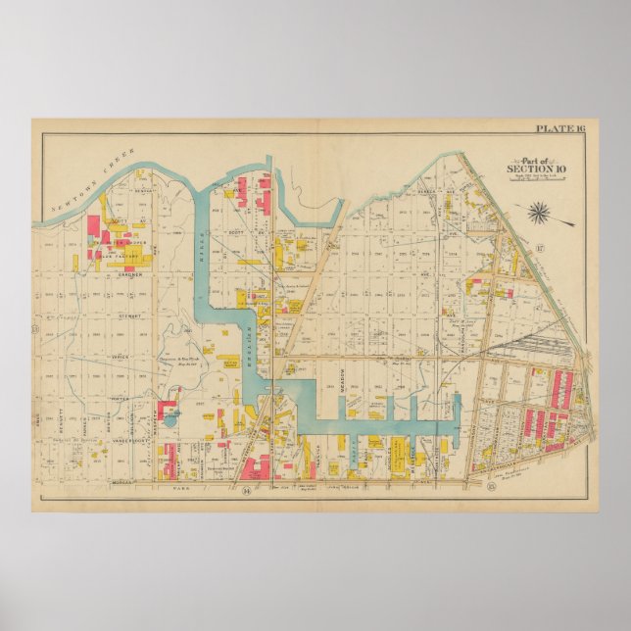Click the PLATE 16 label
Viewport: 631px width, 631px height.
click(559, 127)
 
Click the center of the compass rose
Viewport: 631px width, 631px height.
click(539, 211)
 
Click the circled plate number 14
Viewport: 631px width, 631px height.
click(247, 486)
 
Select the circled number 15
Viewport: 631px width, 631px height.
click(477, 485)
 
